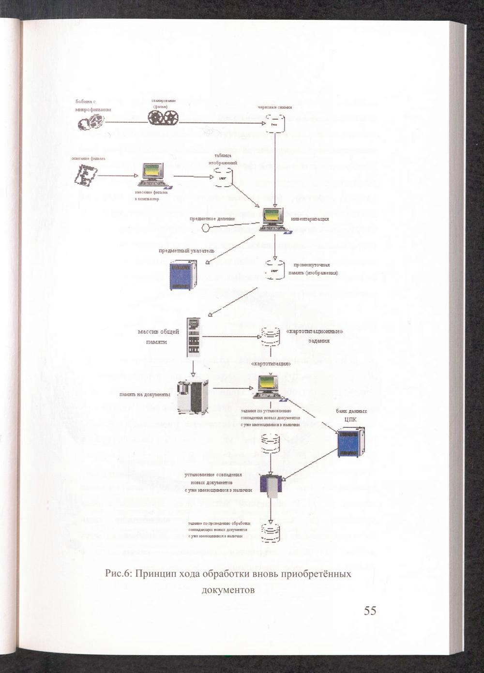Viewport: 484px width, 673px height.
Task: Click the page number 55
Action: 370,611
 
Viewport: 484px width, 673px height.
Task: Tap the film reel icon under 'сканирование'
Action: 163,117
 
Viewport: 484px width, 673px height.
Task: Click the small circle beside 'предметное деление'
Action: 206,228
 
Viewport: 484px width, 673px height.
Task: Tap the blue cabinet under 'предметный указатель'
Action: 183,275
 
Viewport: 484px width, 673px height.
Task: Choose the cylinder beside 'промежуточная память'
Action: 275,269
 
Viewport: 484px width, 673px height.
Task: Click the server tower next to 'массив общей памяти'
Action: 194,337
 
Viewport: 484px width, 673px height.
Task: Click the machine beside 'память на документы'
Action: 193,396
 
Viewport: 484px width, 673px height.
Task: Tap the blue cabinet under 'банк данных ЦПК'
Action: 351,441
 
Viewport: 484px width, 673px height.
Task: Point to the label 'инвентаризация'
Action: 310,219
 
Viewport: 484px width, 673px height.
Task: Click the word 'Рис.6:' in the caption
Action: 119,574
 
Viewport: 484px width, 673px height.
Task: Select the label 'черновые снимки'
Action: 274,107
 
